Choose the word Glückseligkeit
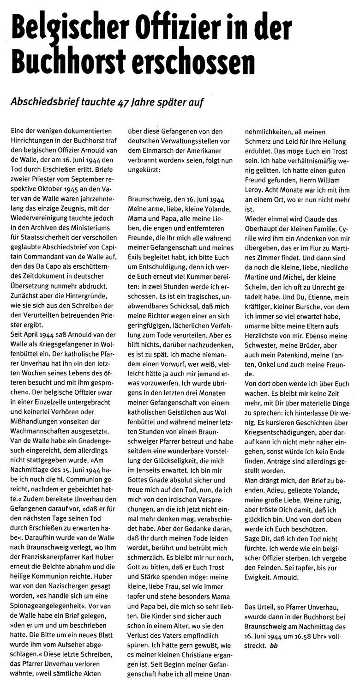[179, 435]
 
